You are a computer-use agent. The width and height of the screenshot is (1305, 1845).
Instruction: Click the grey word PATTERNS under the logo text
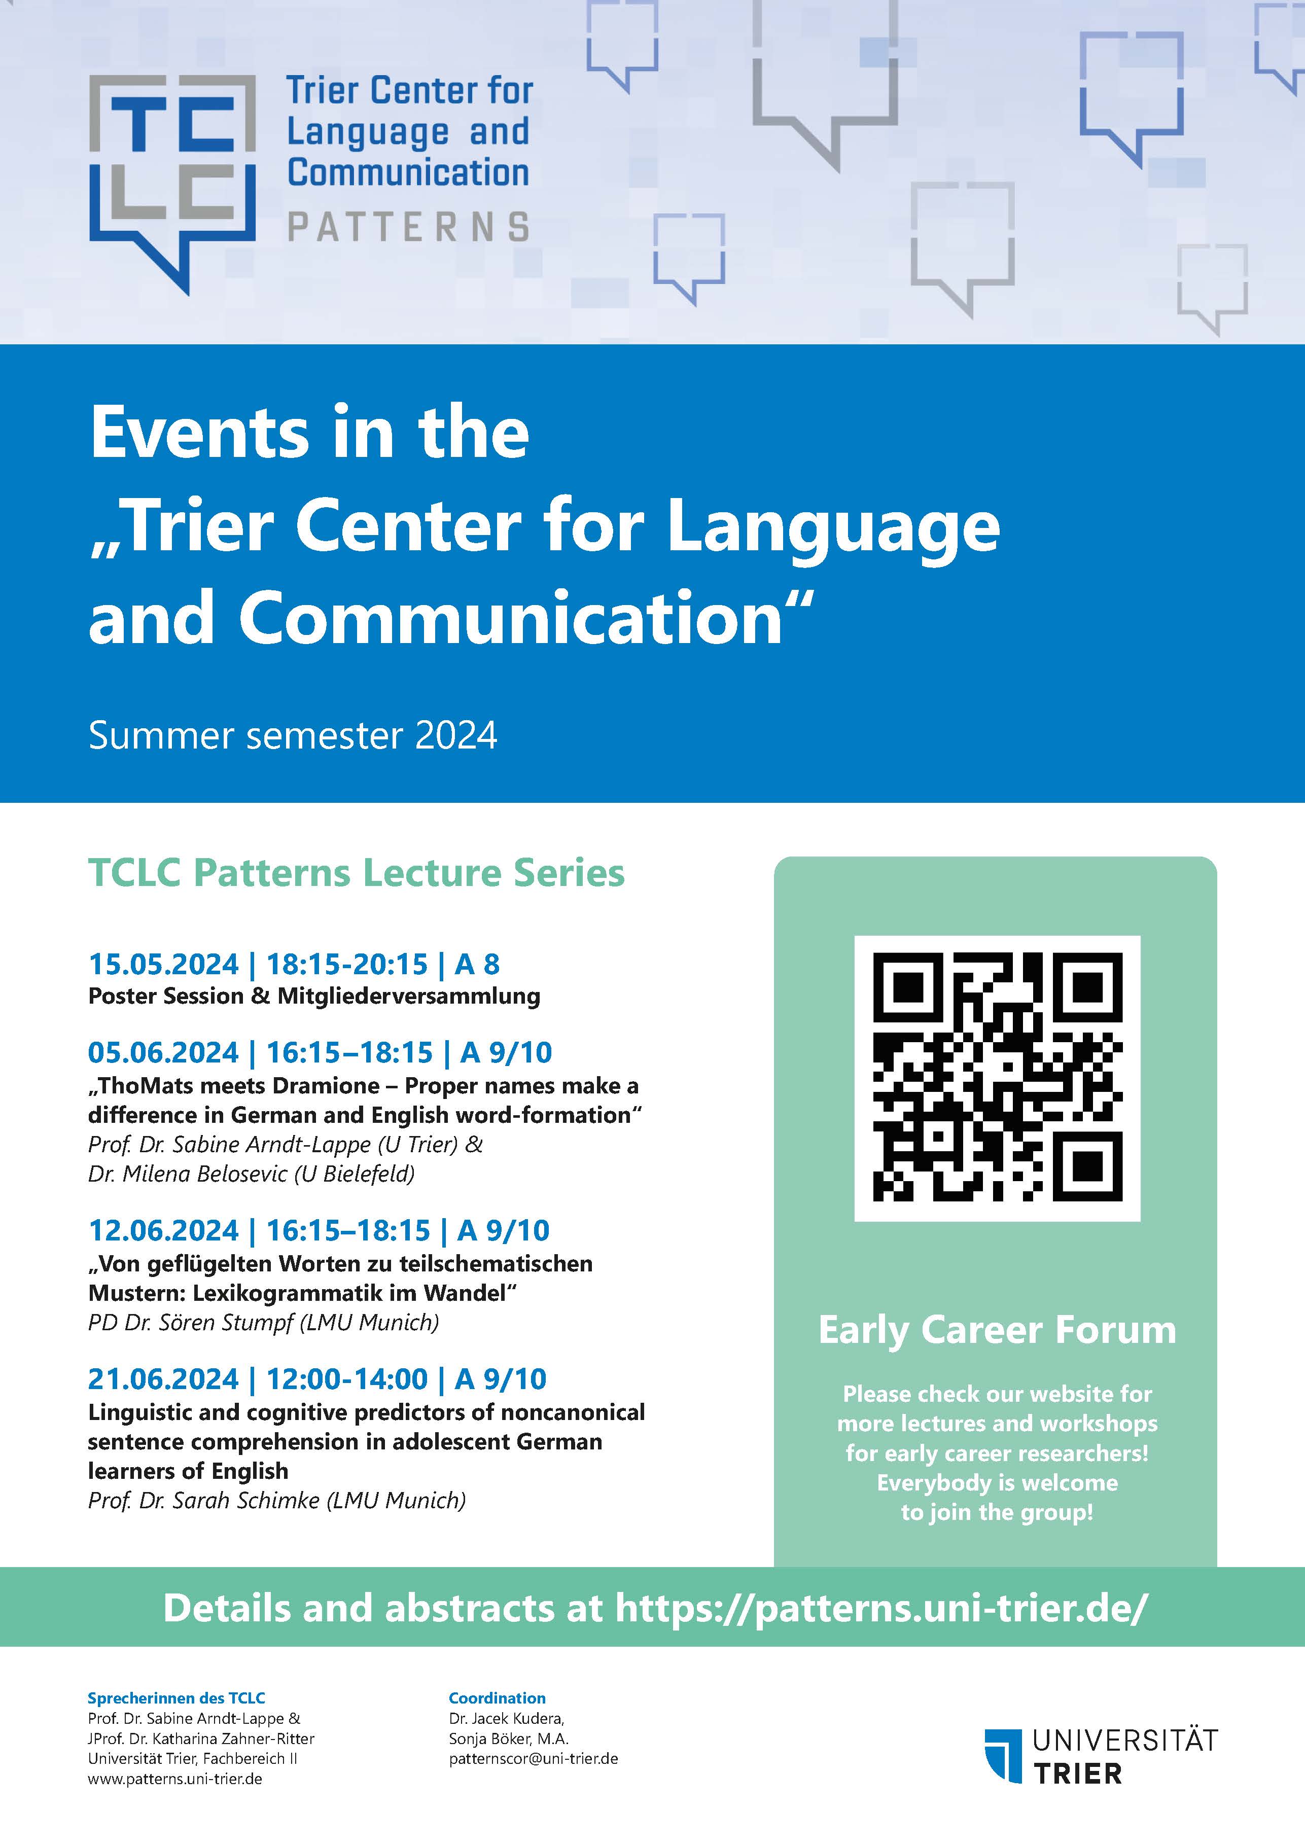pos(409,227)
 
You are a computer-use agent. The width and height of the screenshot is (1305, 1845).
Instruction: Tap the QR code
pos(997,1078)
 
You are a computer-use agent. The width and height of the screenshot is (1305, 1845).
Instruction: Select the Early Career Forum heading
pos(997,1330)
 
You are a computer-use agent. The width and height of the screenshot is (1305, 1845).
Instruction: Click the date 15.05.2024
pos(164,964)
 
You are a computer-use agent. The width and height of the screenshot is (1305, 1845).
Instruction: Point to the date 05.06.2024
pos(164,1053)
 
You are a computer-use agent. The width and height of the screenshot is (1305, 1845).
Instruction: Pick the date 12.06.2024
pos(164,1230)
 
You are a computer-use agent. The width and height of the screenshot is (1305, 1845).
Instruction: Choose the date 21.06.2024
pos(164,1379)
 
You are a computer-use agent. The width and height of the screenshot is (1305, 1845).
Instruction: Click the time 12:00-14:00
pos(347,1379)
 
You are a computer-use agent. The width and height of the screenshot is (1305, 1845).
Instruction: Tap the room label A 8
pos(477,964)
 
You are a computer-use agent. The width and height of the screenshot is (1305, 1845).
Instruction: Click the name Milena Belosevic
pos(205,1174)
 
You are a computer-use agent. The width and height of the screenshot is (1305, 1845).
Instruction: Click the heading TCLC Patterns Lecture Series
pos(357,873)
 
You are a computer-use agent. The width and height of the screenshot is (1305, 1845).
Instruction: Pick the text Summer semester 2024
pos(293,735)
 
